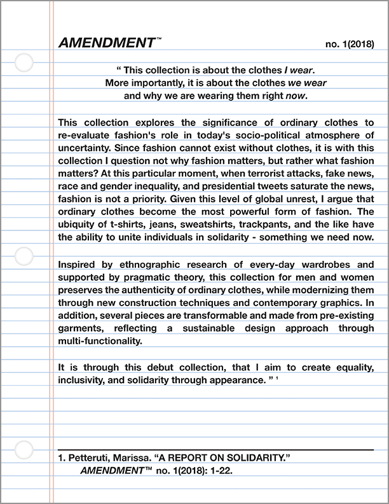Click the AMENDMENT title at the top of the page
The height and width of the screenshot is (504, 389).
(x=106, y=43)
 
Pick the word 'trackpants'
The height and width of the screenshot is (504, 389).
(x=269, y=225)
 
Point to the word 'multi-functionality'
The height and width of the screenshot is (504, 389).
(x=98, y=341)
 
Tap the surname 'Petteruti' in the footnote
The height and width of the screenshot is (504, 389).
(x=90, y=458)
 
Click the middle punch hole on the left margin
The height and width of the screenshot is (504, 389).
(x=24, y=256)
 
